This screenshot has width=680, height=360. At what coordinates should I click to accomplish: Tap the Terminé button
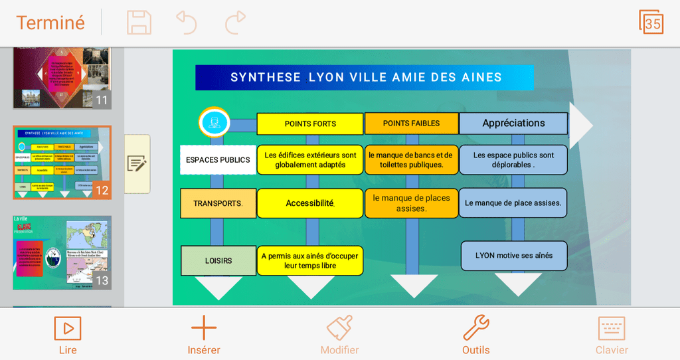(50, 23)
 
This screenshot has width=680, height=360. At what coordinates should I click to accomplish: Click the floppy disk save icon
(139, 23)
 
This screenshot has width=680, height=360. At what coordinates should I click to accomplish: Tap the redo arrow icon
(235, 23)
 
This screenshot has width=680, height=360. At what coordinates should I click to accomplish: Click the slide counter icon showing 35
(651, 23)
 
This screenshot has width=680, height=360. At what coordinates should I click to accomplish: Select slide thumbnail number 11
(62, 77)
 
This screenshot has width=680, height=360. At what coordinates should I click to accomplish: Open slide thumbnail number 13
(62, 252)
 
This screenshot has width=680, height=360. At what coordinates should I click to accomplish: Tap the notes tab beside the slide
(137, 163)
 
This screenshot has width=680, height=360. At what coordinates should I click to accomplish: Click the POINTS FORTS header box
(310, 124)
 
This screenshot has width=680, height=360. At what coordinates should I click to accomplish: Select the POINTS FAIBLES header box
(411, 124)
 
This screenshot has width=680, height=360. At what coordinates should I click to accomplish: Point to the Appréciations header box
(513, 123)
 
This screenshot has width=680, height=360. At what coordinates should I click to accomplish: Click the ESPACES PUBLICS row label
(218, 160)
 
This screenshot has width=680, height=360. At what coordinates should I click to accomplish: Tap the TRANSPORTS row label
(218, 203)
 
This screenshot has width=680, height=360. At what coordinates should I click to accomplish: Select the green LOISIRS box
(218, 260)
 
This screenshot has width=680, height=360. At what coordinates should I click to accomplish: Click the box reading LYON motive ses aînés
(514, 256)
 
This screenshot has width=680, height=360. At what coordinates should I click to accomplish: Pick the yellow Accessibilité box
(310, 203)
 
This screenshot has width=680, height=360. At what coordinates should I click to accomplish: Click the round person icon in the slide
(214, 122)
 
